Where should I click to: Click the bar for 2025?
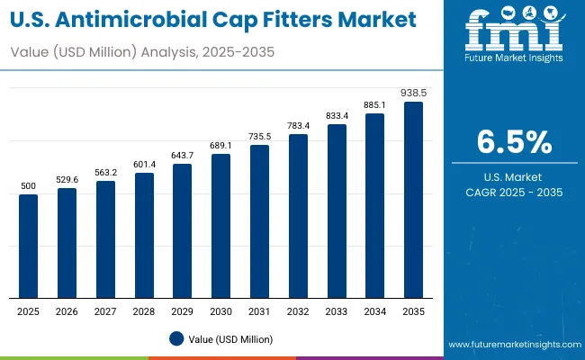click(x=29, y=246)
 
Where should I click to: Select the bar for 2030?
click(x=221, y=226)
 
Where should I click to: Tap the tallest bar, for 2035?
click(x=413, y=200)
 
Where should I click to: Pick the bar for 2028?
click(x=144, y=235)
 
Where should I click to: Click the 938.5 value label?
click(x=413, y=93)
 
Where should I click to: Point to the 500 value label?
click(x=29, y=186)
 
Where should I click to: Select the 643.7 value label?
click(x=183, y=156)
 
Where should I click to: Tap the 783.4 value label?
click(x=298, y=126)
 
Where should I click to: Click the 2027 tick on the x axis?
click(x=105, y=310)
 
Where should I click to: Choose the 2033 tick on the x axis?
click(x=337, y=310)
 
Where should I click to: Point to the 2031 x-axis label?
click(x=259, y=310)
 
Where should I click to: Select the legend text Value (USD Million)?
click(x=230, y=338)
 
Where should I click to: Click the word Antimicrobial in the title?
click(x=145, y=19)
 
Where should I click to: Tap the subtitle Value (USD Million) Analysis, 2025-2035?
click(x=142, y=53)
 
